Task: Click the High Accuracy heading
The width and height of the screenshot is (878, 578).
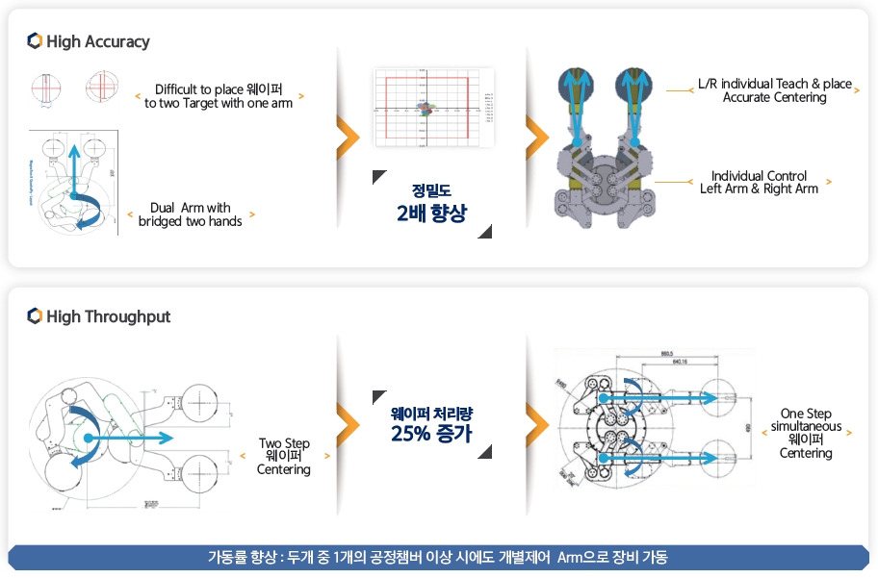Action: pyautogui.click(x=97, y=41)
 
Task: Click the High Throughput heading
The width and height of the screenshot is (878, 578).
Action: pyautogui.click(x=108, y=316)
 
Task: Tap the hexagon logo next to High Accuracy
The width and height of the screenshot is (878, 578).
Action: pyautogui.click(x=35, y=41)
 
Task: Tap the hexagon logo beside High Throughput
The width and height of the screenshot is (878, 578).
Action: pyautogui.click(x=35, y=316)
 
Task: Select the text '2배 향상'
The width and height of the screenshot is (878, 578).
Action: pyautogui.click(x=430, y=214)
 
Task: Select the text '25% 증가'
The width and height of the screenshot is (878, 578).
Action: pyautogui.click(x=430, y=434)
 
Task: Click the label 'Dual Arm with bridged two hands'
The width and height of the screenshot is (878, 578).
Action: pyautogui.click(x=191, y=214)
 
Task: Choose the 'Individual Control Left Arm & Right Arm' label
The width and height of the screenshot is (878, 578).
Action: pyautogui.click(x=759, y=182)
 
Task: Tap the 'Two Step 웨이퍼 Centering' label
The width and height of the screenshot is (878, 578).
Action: pyautogui.click(x=284, y=457)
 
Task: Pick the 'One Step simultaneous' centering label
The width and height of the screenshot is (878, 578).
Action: pyautogui.click(x=806, y=433)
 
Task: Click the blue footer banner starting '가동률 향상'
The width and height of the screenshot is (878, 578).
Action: pyautogui.click(x=438, y=558)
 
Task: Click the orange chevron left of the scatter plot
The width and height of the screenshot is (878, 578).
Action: pyautogui.click(x=347, y=135)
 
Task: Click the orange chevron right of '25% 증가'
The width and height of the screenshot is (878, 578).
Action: pyautogui.click(x=538, y=417)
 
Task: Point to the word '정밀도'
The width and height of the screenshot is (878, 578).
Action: pyautogui.click(x=430, y=189)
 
